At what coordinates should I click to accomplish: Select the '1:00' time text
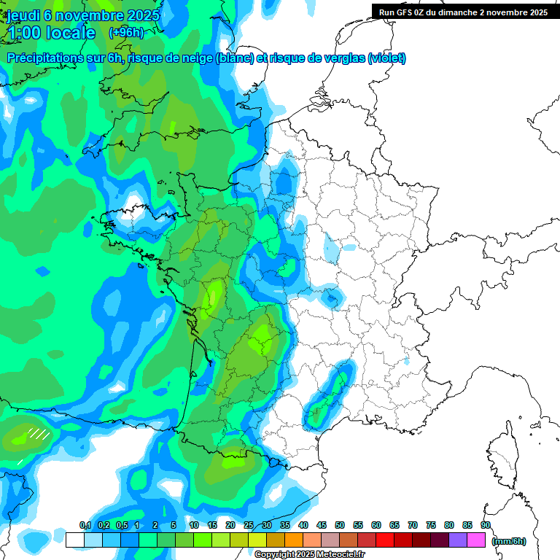[x=23, y=33]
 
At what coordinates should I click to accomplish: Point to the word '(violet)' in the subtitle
[x=386, y=58]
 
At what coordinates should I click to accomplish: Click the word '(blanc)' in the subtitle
[x=233, y=58]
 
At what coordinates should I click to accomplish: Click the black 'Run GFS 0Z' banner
[x=464, y=12]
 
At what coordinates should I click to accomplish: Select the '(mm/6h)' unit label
[x=509, y=540]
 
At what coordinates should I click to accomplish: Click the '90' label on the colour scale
[x=486, y=525]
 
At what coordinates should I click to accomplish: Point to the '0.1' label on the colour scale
[x=85, y=525]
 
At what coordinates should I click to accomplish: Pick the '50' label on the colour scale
[x=340, y=525]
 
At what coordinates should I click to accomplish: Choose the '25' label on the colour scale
[x=249, y=525]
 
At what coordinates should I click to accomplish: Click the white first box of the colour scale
[x=74, y=540]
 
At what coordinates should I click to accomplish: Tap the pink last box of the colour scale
[x=476, y=540]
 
